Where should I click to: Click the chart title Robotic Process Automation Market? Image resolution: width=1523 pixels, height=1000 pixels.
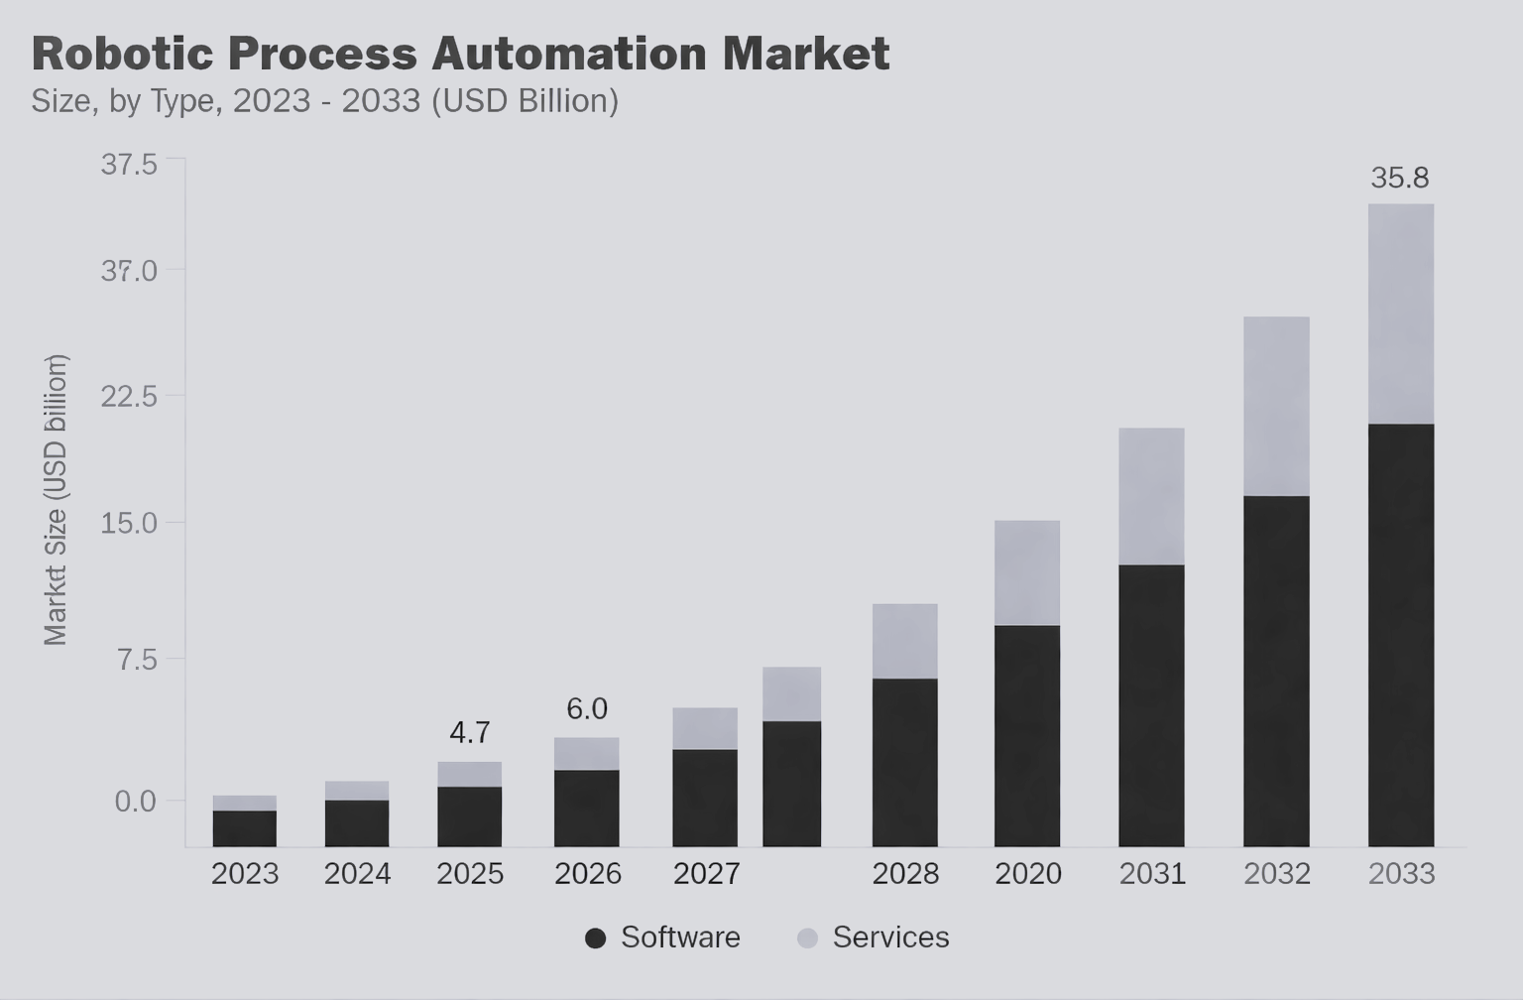(460, 54)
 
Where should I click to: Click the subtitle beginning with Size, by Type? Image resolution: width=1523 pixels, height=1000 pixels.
(324, 101)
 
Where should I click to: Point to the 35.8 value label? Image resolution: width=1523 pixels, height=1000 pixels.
(1399, 178)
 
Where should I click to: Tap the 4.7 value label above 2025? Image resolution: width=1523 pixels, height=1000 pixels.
(469, 732)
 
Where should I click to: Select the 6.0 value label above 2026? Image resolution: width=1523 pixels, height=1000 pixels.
(586, 708)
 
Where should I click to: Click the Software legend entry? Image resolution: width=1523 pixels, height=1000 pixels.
(662, 937)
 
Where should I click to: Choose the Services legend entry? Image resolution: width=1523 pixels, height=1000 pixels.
(874, 937)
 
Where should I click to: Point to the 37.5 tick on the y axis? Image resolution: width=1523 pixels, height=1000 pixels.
(129, 164)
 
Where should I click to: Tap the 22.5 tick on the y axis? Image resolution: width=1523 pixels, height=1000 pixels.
(129, 397)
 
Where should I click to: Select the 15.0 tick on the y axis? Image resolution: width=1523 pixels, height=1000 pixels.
(129, 523)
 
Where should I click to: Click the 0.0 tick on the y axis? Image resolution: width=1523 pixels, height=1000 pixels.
(136, 801)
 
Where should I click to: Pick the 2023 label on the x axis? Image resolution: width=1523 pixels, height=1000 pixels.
(245, 874)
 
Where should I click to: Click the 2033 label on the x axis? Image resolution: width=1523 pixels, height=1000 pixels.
(1401, 874)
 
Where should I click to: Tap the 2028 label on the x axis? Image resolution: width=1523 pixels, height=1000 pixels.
(905, 874)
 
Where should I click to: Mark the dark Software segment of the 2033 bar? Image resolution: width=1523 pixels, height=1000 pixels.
(1400, 635)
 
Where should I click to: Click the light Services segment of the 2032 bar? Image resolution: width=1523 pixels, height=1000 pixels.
(1276, 406)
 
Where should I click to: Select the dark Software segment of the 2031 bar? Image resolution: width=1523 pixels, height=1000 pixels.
(1151, 704)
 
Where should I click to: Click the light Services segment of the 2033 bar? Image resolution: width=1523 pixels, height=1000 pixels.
(1400, 313)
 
